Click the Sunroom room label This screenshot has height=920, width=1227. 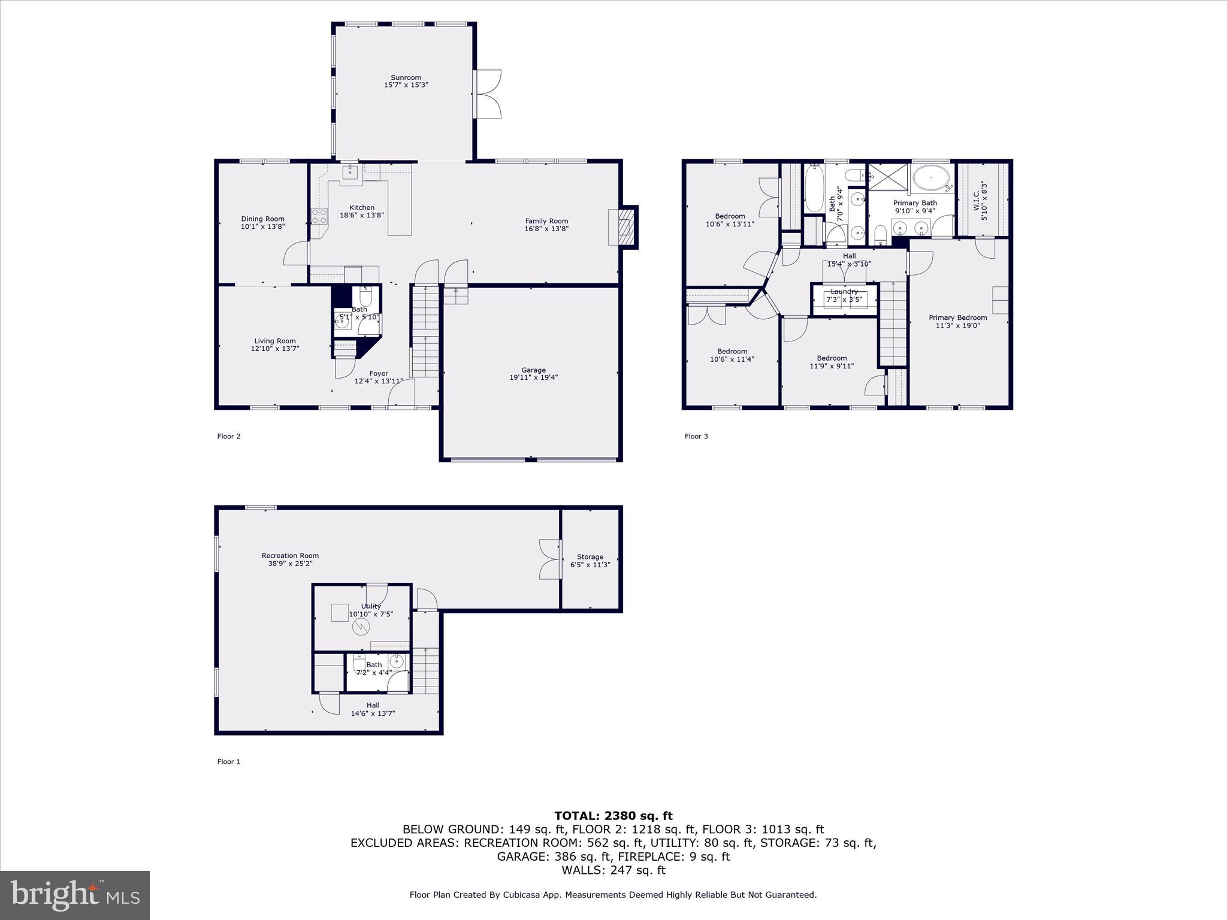[x=406, y=78]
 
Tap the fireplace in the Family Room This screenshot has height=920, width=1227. [x=623, y=226]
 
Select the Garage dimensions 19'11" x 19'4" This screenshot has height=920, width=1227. [x=533, y=377]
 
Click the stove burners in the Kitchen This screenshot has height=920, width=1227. [x=319, y=216]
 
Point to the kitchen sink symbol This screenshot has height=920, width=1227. [x=350, y=172]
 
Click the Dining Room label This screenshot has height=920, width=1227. [x=262, y=219]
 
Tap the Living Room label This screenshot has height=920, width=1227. [x=274, y=341]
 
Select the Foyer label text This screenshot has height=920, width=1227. [x=379, y=373]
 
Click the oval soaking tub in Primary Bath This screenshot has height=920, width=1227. [x=930, y=178]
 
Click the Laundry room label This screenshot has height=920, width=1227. [x=844, y=292]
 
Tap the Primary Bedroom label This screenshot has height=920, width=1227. [x=957, y=318]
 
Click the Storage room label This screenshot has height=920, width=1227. [x=590, y=557]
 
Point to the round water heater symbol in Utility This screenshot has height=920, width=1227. [x=361, y=627]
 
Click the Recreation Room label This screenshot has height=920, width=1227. [x=290, y=556]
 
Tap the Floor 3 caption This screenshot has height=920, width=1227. [x=696, y=436]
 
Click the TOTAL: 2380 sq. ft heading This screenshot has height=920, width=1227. [x=613, y=816]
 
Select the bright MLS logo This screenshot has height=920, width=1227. [x=75, y=895]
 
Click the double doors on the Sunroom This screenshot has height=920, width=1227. [x=488, y=94]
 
